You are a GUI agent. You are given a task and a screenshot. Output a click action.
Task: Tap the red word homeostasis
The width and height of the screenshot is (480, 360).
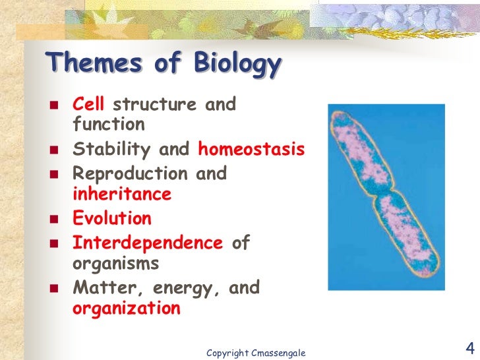[251, 149]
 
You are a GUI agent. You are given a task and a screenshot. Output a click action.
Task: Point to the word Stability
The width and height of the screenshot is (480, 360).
[113, 149]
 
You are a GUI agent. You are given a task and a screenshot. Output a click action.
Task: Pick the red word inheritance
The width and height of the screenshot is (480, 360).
[122, 194]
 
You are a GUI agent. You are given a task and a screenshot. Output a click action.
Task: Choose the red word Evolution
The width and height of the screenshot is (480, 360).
[112, 218]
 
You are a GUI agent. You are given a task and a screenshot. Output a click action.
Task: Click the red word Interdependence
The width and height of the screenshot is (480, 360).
[148, 242]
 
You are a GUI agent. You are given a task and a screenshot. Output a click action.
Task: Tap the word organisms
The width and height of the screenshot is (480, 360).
[115, 262]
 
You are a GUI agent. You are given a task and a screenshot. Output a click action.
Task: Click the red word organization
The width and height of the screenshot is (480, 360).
[126, 309]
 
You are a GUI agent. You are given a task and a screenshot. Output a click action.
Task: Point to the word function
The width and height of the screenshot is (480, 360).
[108, 125]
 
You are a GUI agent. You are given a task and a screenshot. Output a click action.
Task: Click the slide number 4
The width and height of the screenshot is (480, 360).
[470, 348]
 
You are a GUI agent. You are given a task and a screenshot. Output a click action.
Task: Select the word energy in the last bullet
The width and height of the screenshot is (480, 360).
[184, 288]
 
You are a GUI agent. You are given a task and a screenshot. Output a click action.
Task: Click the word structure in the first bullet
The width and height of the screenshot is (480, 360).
[154, 104]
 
